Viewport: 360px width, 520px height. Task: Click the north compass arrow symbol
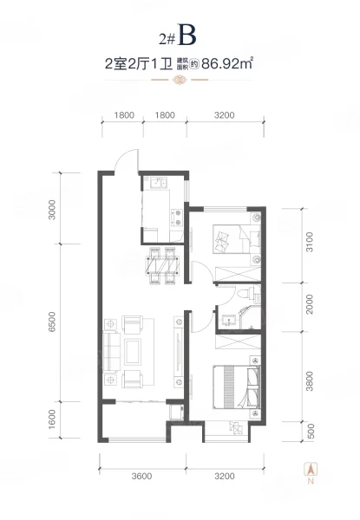pyautogui.click(x=311, y=469)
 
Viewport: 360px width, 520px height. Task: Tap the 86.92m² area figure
pyautogui.click(x=227, y=63)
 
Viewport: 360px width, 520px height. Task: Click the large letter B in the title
pyautogui.click(x=187, y=35)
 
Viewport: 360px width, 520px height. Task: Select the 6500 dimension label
pyautogui.click(x=52, y=322)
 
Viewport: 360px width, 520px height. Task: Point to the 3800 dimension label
pyautogui.click(x=310, y=381)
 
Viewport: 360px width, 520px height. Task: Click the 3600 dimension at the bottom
pyautogui.click(x=141, y=476)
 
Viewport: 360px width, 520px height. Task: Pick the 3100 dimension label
pyautogui.click(x=309, y=242)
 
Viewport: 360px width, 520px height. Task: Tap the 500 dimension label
pyautogui.click(x=311, y=431)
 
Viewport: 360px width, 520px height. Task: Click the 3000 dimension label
pyautogui.click(x=52, y=209)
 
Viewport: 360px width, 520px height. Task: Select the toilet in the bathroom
pyautogui.click(x=245, y=293)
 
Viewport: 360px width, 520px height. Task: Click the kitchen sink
pyautogui.click(x=159, y=183)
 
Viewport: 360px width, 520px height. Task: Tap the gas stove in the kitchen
pyautogui.click(x=177, y=218)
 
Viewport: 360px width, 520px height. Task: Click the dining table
pyautogui.click(x=162, y=266)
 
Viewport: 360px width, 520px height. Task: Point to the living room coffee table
pyautogui.click(x=133, y=352)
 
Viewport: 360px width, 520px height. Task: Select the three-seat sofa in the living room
pyautogui.click(x=112, y=352)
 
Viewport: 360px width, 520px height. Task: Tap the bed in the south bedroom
pyautogui.click(x=237, y=387)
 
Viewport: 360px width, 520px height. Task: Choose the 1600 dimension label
pyautogui.click(x=52, y=419)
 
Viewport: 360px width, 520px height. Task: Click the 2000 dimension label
pyautogui.click(x=309, y=304)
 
